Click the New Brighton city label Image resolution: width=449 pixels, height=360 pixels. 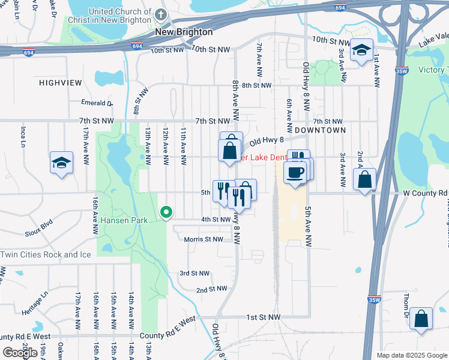click(184, 32)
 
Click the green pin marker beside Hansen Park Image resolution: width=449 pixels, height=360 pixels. click(166, 212)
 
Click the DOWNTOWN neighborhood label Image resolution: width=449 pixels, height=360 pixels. click(320, 130)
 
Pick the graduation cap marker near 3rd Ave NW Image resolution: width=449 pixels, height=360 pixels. click(361, 50)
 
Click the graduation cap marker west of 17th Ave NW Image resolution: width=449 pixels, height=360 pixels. click(61, 162)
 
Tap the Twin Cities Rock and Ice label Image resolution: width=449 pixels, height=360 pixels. click(46, 254)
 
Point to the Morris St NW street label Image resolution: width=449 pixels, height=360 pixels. click(203, 239)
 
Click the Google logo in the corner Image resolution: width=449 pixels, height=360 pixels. click(20, 353)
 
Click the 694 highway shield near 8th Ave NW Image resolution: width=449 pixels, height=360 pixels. click(137, 45)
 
